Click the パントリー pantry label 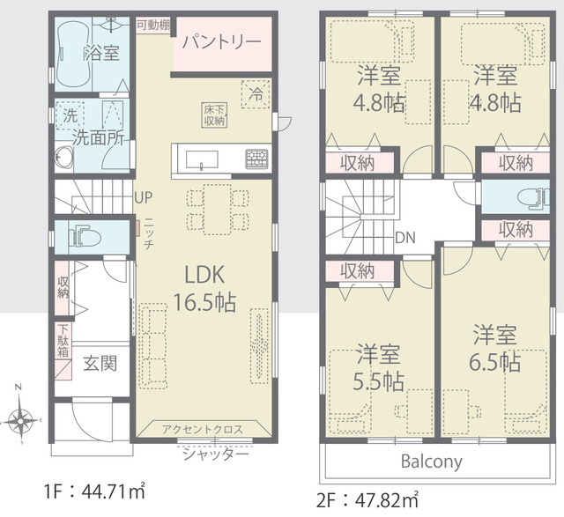[221, 42]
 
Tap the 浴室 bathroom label [102, 53]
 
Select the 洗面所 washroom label [98, 137]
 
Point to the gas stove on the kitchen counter [256, 159]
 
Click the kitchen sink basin [202, 159]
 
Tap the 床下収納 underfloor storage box [214, 115]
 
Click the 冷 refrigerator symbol [256, 94]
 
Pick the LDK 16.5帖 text [204, 288]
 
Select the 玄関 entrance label [100, 364]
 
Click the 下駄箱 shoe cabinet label [63, 341]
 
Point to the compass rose [20, 419]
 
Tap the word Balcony [431, 462]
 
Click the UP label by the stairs [143, 197]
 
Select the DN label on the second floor [405, 238]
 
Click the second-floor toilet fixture [533, 198]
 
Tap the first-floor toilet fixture [85, 236]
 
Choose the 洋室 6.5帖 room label [495, 348]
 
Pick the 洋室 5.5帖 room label [378, 367]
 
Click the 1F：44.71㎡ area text [95, 491]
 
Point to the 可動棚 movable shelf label [153, 26]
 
